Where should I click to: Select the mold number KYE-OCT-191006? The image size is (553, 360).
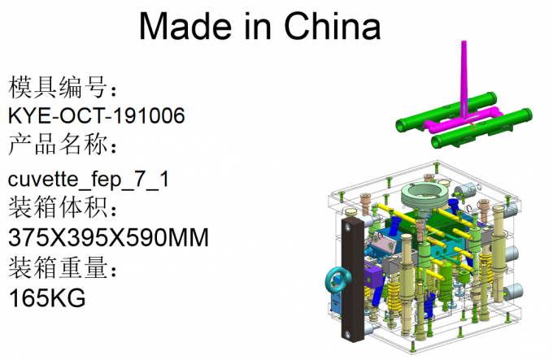tap(96, 116)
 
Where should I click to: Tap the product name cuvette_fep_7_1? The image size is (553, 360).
tap(88, 179)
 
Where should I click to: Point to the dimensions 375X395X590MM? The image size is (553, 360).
tap(108, 238)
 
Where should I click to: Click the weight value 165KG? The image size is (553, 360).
tap(46, 298)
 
